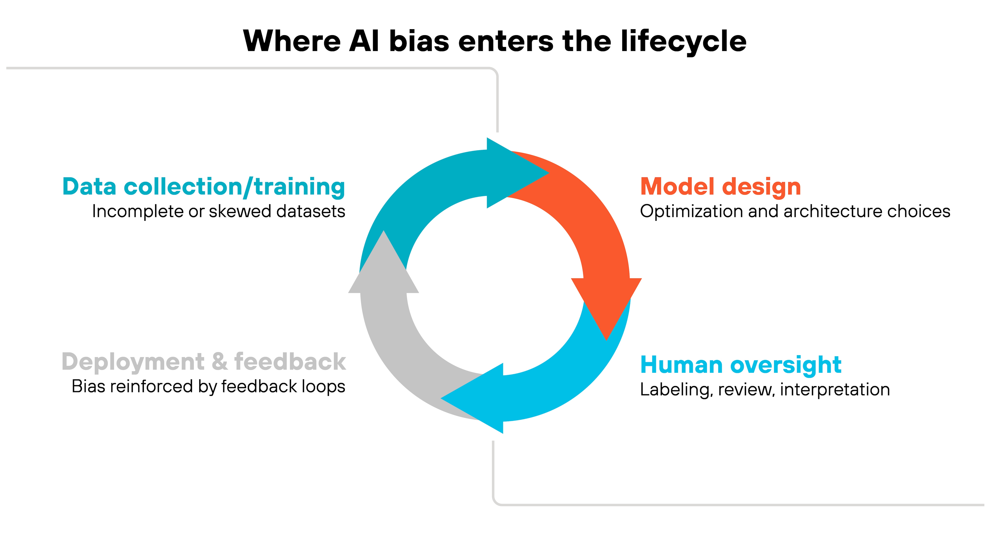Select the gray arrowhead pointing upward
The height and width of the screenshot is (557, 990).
coord(384,265)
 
